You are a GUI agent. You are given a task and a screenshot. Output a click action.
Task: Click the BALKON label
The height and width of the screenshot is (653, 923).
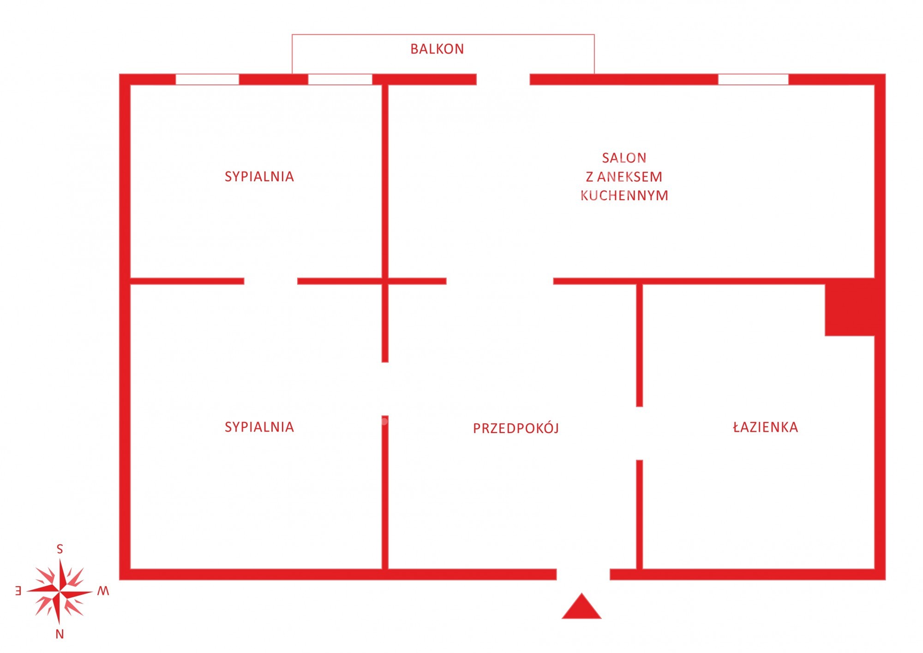(437, 49)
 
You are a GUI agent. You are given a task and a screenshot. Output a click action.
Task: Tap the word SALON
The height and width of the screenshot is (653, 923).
(624, 158)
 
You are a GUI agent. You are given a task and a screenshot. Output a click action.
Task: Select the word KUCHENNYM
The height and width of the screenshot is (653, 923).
(624, 196)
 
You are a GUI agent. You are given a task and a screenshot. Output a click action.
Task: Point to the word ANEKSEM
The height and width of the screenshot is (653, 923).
(630, 177)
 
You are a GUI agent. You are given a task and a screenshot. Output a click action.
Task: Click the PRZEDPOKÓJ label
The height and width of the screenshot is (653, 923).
(516, 428)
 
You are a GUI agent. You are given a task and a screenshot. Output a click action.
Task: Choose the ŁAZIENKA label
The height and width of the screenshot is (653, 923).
(766, 427)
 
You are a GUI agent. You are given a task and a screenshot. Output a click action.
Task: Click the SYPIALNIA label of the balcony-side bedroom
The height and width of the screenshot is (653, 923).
(259, 177)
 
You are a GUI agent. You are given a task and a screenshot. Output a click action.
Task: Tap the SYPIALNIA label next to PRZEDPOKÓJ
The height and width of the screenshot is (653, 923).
(259, 427)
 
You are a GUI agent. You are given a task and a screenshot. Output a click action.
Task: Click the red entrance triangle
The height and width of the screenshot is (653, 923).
(581, 606)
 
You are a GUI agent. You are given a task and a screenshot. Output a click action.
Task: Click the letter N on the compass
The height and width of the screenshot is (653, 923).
(60, 635)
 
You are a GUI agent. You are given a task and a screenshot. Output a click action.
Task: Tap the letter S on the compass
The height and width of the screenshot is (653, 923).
(60, 549)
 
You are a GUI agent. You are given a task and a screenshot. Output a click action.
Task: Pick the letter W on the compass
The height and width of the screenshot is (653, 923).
(103, 591)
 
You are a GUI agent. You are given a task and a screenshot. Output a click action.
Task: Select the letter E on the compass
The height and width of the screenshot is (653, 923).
(18, 591)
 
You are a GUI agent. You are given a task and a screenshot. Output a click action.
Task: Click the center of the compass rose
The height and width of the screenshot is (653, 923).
(60, 591)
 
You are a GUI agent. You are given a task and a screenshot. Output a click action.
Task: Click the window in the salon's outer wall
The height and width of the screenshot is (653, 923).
(753, 79)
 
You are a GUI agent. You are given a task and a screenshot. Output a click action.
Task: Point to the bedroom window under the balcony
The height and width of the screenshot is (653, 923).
(340, 79)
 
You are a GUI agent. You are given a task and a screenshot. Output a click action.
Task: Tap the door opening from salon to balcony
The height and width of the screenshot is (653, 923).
(503, 79)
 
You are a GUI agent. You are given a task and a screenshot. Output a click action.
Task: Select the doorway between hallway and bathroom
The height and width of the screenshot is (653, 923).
(639, 433)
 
